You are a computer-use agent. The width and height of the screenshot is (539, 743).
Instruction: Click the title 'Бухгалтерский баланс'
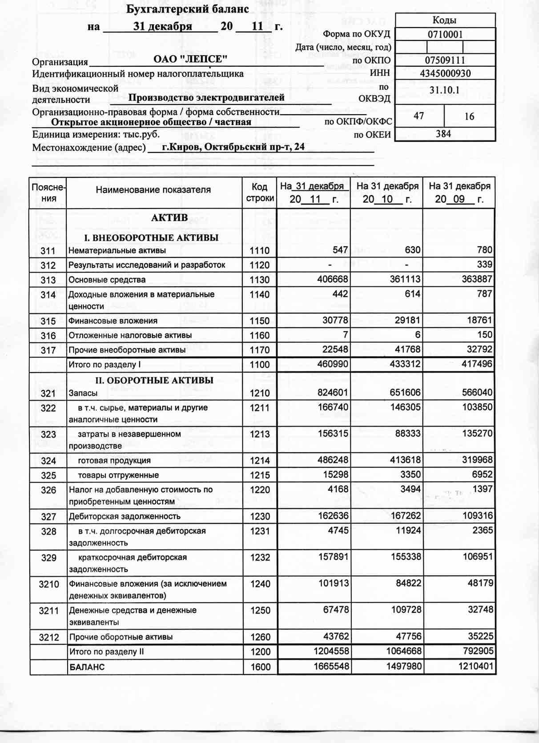point(187,9)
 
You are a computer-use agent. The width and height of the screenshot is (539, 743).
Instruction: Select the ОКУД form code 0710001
point(445,34)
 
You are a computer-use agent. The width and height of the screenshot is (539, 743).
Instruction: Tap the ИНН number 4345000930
point(445,73)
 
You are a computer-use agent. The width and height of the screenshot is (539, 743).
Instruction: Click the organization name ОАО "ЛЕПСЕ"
point(190,59)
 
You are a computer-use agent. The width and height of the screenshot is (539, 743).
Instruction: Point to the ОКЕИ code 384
point(443,134)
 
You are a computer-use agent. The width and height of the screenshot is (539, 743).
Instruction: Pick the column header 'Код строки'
point(259,193)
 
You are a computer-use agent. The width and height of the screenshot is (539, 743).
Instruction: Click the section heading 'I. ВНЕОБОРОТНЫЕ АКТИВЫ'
point(152,237)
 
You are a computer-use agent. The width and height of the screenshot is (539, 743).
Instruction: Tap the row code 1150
point(260,321)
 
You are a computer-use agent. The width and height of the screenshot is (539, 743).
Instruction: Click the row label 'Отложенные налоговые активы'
point(130,335)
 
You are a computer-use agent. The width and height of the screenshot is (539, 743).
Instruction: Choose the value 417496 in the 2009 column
point(477,364)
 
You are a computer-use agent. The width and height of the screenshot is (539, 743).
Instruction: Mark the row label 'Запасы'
point(83,393)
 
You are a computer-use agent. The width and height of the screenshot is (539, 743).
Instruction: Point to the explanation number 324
point(48,461)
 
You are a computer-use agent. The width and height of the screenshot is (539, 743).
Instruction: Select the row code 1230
point(260,517)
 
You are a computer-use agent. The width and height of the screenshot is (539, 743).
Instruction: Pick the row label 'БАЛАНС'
point(87,667)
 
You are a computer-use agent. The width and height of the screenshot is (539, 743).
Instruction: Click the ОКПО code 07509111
point(445,60)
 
